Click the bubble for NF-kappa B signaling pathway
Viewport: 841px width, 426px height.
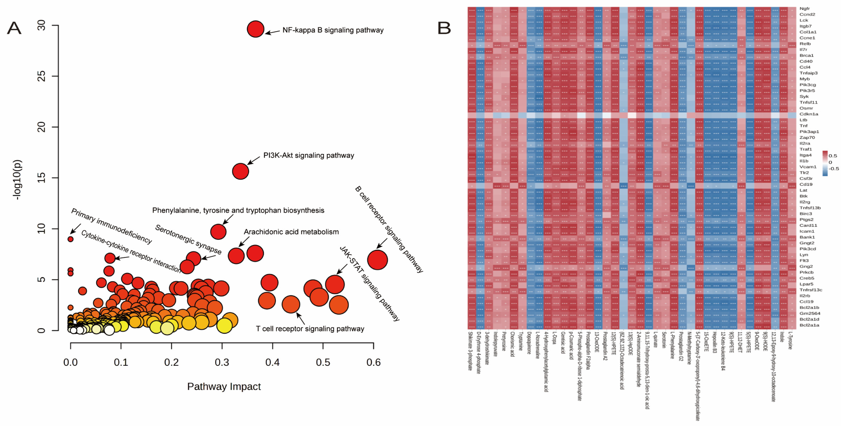(255, 29)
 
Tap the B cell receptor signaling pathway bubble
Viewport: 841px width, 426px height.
(377, 260)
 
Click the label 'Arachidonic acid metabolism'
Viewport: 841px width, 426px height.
(291, 232)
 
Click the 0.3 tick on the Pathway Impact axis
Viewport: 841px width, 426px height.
(222, 362)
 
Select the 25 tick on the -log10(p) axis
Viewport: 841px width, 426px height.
(41, 76)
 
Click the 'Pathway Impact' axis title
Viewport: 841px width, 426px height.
(224, 386)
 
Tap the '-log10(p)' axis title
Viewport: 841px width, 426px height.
(17, 179)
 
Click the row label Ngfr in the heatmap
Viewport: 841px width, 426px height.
(805, 8)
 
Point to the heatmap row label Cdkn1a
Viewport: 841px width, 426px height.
(809, 114)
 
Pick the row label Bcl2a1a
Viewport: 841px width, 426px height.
(809, 325)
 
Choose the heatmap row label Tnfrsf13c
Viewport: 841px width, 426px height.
(811, 290)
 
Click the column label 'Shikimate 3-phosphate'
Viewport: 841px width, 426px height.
(470, 351)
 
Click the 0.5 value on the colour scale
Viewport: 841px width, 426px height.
(833, 156)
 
